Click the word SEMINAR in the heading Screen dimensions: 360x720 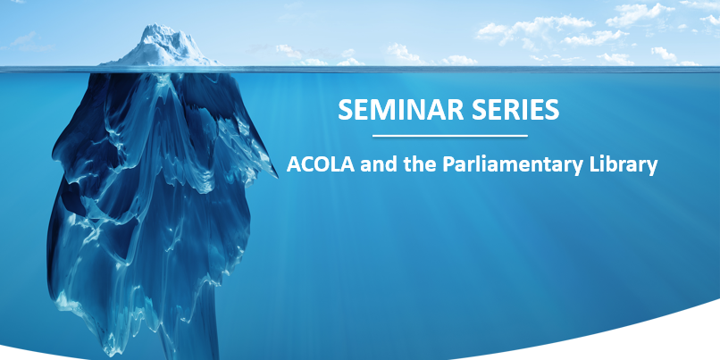tap(391, 110)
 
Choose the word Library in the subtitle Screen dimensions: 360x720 tap(624, 165)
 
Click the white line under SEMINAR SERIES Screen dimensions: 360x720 tap(449, 136)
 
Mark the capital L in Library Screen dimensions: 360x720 tap(596, 165)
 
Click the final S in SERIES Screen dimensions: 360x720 tap(552, 110)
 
